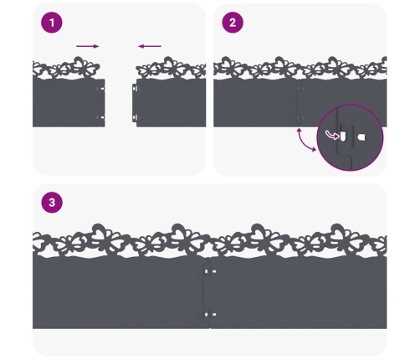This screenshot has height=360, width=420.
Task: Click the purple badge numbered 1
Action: coord(52,23)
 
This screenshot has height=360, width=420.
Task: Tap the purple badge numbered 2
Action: coord(233,23)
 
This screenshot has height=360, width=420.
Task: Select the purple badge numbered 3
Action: coord(52,203)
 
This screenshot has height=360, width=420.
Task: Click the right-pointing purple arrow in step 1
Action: coord(88,46)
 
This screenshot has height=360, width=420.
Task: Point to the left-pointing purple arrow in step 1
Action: coord(150,46)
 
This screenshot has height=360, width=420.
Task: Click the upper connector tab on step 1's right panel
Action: coord(135,89)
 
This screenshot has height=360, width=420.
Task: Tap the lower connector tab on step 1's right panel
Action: coord(135,117)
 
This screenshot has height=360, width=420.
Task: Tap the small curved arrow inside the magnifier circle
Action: coord(332,135)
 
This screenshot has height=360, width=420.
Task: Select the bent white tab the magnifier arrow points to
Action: coord(343,136)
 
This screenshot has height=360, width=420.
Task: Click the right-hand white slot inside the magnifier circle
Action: coord(361,137)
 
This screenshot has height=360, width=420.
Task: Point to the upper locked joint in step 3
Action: coord(210,271)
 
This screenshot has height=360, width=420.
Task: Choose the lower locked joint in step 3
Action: coord(210,315)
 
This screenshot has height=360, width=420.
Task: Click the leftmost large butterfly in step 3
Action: coord(102,236)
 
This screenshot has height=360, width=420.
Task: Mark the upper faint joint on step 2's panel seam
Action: coord(300,89)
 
